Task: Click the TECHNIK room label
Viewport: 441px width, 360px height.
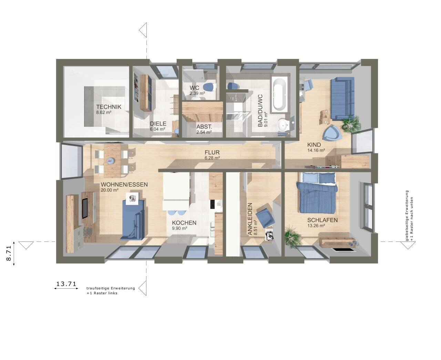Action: tap(109, 106)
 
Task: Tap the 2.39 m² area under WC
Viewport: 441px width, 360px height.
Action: tap(197, 93)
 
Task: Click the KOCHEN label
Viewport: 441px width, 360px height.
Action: tap(184, 223)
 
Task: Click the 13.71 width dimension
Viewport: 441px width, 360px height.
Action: tap(66, 284)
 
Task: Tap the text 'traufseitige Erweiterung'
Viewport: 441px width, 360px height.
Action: tap(111, 288)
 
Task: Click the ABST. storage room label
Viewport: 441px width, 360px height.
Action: tap(204, 127)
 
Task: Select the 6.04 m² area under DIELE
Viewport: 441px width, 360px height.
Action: tap(157, 129)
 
